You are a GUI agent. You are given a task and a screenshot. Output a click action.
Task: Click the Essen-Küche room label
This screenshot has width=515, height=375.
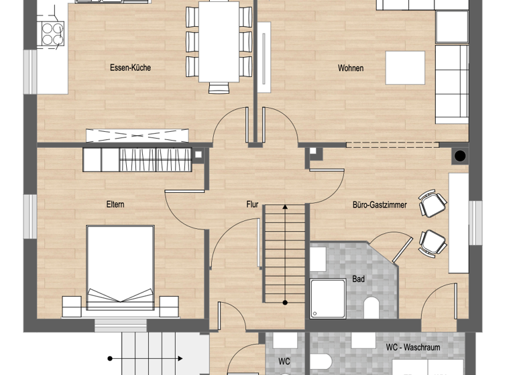pos(130,68)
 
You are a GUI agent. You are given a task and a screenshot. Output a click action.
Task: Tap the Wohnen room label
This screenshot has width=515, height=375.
pos(351,68)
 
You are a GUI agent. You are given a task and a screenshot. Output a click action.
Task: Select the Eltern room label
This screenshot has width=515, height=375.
pos(115,204)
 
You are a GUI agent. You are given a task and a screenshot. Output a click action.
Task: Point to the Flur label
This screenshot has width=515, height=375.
pos(252,205)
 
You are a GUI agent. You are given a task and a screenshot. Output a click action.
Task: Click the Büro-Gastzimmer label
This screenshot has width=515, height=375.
pos(380,205)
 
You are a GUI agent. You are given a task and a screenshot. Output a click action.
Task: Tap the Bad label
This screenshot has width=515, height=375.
pos(359,279)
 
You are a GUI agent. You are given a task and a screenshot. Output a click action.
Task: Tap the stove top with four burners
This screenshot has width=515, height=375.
pos(52,33)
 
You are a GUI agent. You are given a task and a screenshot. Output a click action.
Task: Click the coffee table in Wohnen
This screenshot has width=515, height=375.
pos(406,68)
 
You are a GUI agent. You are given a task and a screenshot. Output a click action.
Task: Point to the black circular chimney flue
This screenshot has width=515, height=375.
pos(460,157)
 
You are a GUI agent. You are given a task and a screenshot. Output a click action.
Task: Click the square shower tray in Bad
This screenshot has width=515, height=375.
pos(328,299)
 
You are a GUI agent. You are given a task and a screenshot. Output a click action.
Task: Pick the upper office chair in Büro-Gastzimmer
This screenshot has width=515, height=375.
pos(431,204)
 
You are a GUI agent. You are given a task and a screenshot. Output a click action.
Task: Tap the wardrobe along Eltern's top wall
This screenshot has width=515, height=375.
pos(137,159)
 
